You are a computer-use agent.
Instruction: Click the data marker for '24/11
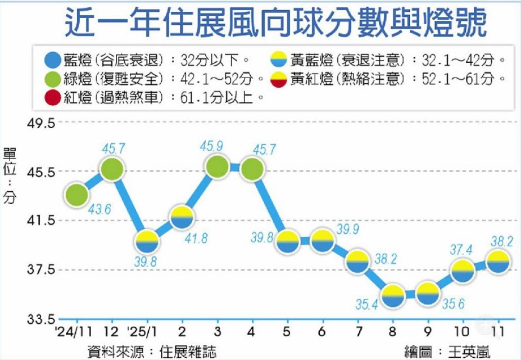coord(76,195)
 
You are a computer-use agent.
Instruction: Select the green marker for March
coord(217,167)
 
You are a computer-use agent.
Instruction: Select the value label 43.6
coord(100,209)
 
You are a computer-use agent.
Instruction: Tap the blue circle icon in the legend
coord(51,59)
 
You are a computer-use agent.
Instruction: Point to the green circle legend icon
coord(51,78)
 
